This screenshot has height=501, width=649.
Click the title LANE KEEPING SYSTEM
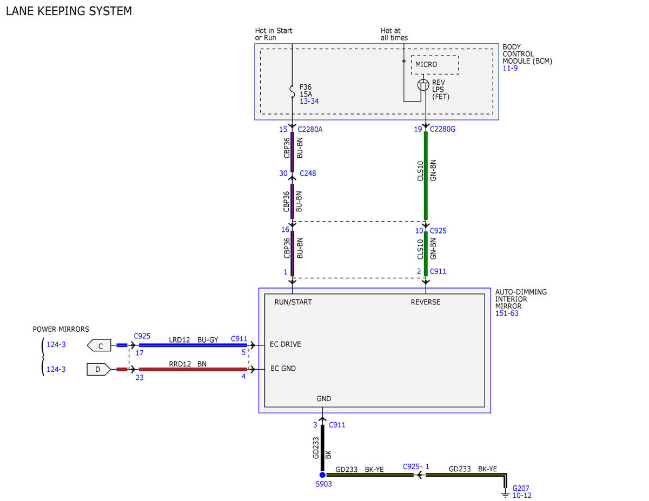click(69, 11)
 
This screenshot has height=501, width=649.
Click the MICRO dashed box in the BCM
click(434, 56)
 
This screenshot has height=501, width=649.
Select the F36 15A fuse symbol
click(292, 91)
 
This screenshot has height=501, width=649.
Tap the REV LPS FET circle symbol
click(423, 85)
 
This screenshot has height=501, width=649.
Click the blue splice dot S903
click(322, 475)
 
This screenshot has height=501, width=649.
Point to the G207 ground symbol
click(505, 494)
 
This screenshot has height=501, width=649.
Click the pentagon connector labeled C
click(99, 345)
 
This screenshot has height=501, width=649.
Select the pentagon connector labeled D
click(99, 370)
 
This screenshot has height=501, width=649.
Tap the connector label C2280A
click(310, 129)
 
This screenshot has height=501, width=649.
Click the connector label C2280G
click(442, 129)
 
